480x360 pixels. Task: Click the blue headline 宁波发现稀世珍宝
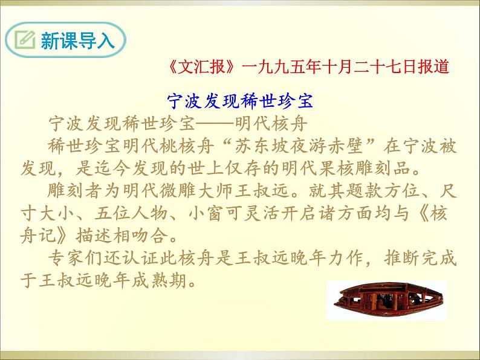click(x=239, y=100)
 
